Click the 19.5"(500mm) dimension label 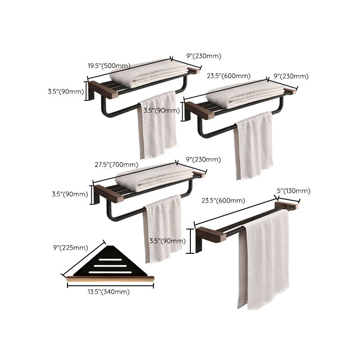click(x=109, y=65)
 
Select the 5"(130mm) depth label click(x=294, y=191)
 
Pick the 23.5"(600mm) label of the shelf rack click(x=229, y=76)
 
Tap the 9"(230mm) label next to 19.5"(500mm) click(x=203, y=56)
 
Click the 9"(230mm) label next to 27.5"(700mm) click(x=203, y=159)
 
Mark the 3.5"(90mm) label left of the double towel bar click(x=167, y=241)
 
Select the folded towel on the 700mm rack click(x=153, y=176)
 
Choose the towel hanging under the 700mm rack click(x=162, y=229)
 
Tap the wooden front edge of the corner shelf click(x=110, y=279)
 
